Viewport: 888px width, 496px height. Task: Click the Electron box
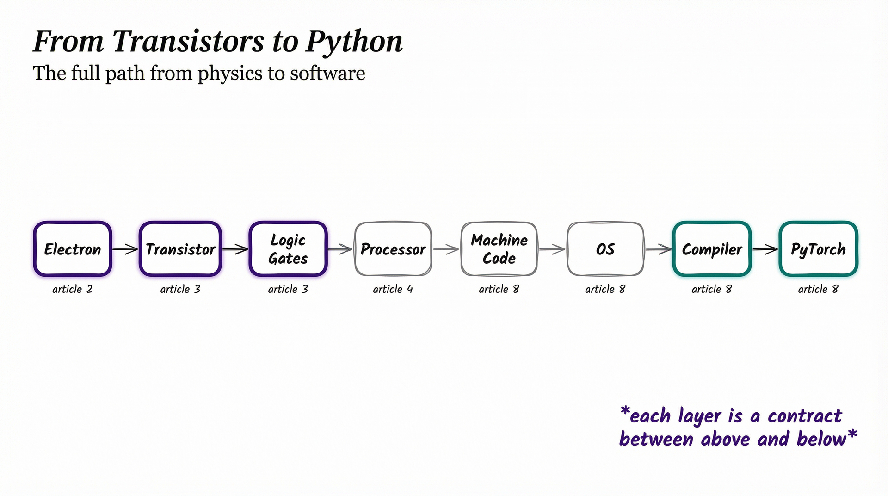(x=73, y=249)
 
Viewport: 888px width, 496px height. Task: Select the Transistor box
(x=180, y=249)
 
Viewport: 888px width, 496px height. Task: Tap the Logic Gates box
(x=288, y=249)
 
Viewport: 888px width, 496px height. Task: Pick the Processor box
(x=393, y=249)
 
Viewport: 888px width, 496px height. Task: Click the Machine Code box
(x=499, y=249)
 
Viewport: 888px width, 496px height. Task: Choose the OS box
(x=605, y=249)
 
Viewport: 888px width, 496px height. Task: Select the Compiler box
(x=712, y=249)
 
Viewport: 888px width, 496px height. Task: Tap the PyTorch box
(x=818, y=249)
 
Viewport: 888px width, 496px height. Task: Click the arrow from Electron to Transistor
(x=125, y=249)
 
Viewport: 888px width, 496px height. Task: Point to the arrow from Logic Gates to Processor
(x=340, y=249)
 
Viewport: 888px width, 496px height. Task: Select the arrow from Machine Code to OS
(x=552, y=249)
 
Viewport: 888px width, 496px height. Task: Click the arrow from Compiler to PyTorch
(x=765, y=249)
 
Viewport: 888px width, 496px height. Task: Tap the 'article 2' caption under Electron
(x=73, y=289)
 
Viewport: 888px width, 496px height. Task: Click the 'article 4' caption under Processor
(x=393, y=289)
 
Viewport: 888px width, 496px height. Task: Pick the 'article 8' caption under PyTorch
(x=818, y=289)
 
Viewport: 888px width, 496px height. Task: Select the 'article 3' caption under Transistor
(x=180, y=289)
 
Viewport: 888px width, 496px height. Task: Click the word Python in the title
(x=354, y=42)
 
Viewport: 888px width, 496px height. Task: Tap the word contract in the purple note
(x=805, y=416)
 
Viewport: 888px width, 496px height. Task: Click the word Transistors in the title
(x=189, y=42)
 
